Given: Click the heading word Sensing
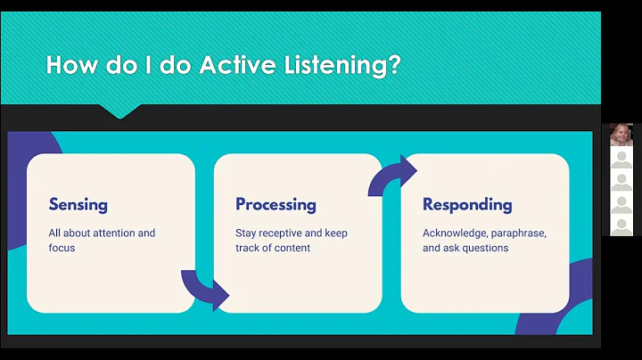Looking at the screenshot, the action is [78, 205].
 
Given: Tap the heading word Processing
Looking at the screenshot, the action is [276, 205].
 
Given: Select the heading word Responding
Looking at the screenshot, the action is [467, 205].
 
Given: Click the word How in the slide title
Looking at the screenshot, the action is [70, 65].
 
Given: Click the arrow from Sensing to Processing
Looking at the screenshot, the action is [205, 287].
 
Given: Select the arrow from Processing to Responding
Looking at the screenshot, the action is [392, 176].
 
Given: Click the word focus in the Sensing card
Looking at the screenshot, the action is [62, 248].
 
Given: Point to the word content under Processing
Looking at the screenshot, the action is [291, 248].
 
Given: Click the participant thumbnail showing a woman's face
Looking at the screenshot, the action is [621, 135].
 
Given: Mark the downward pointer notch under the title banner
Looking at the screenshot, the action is [119, 112].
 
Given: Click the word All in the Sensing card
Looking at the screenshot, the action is [56, 233].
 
